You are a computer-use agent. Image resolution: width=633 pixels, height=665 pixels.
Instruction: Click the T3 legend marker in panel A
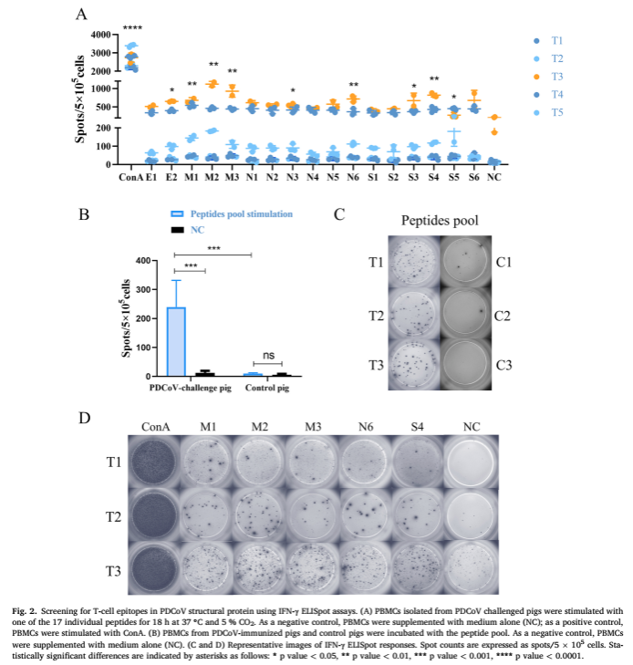[537, 76]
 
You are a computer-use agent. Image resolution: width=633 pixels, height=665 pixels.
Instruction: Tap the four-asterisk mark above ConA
[132, 28]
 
